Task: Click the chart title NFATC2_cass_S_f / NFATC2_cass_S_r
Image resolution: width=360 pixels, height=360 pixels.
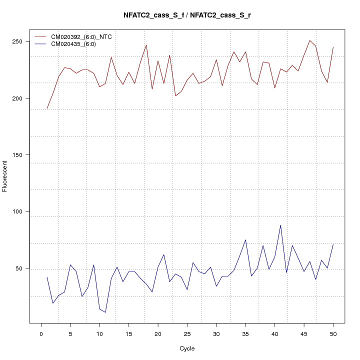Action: [187, 15]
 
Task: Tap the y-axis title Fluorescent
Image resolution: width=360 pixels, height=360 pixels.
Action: [5, 176]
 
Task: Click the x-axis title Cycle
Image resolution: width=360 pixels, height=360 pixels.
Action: [187, 348]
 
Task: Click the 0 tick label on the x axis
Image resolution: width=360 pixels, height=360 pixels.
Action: [41, 333]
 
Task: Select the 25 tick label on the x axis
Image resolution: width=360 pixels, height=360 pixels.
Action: [187, 333]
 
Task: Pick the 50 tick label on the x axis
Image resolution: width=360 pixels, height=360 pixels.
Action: [333, 333]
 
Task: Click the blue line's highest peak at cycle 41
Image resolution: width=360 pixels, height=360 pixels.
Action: [280, 225]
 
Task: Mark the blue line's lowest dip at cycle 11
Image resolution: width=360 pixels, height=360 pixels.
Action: [105, 312]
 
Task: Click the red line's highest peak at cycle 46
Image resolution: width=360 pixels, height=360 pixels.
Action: [310, 40]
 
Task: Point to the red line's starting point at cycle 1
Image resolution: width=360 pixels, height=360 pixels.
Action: [47, 108]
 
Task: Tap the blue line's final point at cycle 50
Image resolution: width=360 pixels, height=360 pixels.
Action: [333, 244]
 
